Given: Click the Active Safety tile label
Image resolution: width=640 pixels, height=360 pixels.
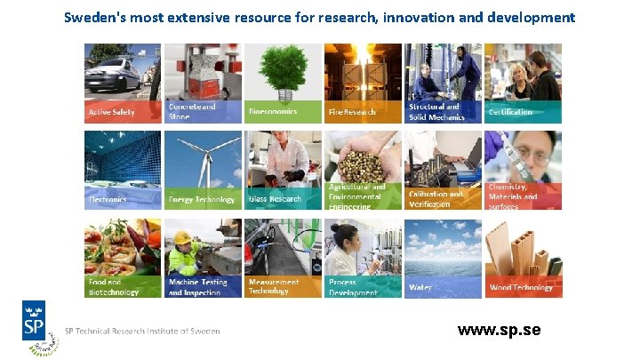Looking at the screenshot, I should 111,113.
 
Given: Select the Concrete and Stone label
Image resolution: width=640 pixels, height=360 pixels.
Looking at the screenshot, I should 192,111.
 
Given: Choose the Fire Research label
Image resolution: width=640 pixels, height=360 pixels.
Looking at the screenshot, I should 353,113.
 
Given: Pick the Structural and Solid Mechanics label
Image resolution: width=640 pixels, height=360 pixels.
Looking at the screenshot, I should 436,111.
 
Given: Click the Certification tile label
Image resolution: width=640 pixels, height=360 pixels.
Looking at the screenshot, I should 510,113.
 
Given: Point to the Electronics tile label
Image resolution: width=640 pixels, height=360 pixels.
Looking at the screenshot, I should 108,200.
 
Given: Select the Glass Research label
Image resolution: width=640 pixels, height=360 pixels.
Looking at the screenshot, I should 275,199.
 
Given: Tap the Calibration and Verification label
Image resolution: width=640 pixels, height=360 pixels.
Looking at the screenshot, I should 436,198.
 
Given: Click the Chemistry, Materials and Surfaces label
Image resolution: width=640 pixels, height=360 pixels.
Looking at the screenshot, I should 513,196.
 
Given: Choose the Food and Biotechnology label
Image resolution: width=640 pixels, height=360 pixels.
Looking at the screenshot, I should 114,286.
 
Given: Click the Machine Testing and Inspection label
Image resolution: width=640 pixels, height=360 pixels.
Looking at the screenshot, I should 197,286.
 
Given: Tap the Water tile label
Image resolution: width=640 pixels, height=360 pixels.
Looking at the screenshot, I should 420,288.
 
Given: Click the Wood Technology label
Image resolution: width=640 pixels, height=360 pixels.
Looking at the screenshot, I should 521,287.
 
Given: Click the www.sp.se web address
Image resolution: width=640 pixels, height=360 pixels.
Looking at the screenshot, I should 499,331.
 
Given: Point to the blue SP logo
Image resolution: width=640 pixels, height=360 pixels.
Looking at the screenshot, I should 36,321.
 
